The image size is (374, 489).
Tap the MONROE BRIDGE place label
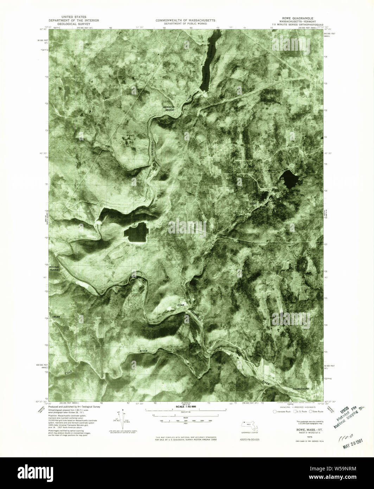click(x=168, y=108)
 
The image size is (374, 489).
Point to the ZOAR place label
click(x=181, y=305)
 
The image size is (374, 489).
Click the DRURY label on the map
click(x=56, y=317)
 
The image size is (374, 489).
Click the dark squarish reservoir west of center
click(x=136, y=233)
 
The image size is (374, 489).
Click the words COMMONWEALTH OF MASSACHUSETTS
click(x=185, y=21)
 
